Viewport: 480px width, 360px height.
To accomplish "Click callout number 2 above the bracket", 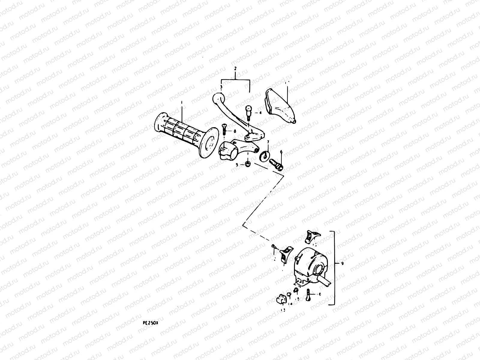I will pos(235,69).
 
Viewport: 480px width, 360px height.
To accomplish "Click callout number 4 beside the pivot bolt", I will pos(260,113).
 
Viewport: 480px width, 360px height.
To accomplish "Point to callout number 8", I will pos(235,131).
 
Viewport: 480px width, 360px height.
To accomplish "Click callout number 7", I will pos(268,142).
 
